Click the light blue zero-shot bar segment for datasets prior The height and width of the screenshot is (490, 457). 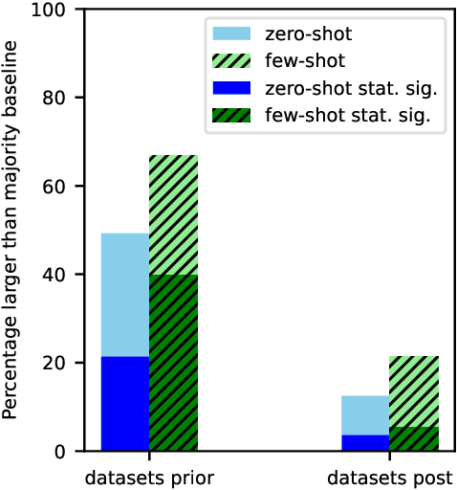124,295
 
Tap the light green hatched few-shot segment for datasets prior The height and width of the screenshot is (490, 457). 173,214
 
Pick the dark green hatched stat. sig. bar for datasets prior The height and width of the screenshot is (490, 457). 173,363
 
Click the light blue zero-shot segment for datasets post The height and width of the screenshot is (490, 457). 365,415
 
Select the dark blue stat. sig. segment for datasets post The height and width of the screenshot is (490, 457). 365,443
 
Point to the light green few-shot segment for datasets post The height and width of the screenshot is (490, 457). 413,391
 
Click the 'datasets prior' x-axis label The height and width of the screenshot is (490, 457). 149,476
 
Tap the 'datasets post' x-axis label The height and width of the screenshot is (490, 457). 389,476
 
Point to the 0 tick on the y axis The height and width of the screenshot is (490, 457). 60,452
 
